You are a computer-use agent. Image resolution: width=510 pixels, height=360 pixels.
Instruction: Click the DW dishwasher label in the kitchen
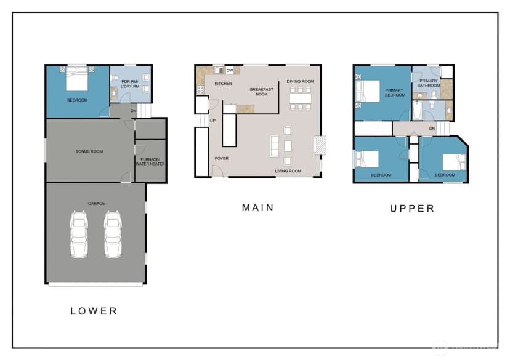click(x=230, y=71)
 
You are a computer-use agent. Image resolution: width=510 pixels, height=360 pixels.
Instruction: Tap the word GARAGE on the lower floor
click(x=96, y=204)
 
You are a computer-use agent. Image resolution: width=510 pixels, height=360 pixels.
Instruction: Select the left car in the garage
click(x=79, y=234)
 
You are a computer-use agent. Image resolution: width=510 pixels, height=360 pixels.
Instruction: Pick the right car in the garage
click(x=113, y=234)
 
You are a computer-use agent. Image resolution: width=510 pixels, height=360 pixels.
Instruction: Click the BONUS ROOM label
click(x=89, y=151)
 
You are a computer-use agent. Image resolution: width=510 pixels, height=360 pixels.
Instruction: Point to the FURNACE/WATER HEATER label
click(x=150, y=162)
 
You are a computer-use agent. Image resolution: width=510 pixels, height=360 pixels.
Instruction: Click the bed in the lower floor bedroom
click(x=77, y=79)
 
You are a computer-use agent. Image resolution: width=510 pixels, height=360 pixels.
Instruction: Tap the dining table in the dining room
click(x=300, y=98)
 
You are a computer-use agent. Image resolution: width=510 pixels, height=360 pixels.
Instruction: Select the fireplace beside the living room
click(x=320, y=145)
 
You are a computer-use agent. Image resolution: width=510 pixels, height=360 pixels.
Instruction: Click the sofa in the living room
click(x=275, y=146)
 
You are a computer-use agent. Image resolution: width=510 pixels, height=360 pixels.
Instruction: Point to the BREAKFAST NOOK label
click(x=262, y=92)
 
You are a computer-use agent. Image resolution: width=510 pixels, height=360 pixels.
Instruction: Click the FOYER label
click(x=222, y=158)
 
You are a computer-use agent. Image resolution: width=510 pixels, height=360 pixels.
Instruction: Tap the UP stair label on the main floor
click(x=212, y=121)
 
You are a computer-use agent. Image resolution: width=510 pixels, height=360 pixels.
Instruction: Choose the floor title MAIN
click(x=258, y=207)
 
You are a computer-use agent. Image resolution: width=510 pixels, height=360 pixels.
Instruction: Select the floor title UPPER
click(x=412, y=208)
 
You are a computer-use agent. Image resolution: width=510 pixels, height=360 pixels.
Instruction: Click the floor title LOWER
click(x=94, y=311)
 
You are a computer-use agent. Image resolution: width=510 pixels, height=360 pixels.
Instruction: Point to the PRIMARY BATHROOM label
click(x=429, y=83)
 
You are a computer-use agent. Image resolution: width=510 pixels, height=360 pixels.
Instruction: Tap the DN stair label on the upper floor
click(x=432, y=129)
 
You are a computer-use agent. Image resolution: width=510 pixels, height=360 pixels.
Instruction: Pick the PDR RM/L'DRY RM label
click(x=130, y=84)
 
